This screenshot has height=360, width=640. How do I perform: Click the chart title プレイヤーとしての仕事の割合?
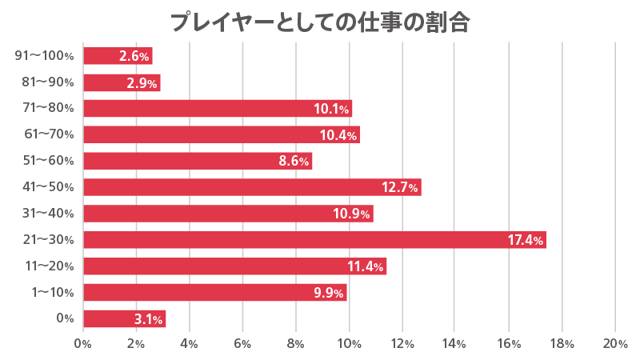pyautogui.click(x=320, y=22)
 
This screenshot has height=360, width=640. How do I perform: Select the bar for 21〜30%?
pyautogui.click(x=314, y=239)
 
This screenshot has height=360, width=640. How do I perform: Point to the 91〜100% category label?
pyautogui.click(x=45, y=56)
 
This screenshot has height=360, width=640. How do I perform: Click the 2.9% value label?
pyautogui.click(x=141, y=83)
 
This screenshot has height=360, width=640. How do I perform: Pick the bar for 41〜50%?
pyautogui.click(x=252, y=187)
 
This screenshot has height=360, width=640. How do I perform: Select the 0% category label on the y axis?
pyautogui.click(x=66, y=318)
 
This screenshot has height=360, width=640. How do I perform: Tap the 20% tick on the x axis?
pyautogui.click(x=614, y=343)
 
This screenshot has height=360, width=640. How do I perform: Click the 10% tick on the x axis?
pyautogui.click(x=349, y=343)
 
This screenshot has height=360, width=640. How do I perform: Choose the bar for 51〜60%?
pyautogui.click(x=198, y=161)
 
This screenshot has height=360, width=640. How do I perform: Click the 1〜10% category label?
pyautogui.click(x=53, y=292)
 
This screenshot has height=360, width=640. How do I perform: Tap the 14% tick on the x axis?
pyautogui.click(x=455, y=343)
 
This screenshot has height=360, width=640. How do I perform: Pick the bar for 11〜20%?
pyautogui.click(x=234, y=266)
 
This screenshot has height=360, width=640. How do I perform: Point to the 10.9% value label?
pyautogui.click(x=353, y=214)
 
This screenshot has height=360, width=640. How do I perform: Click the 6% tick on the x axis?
pyautogui.click(x=242, y=343)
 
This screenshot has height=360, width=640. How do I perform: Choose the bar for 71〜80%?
pyautogui.click(x=218, y=108)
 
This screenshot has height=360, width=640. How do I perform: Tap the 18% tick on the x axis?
pyautogui.click(x=562, y=343)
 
